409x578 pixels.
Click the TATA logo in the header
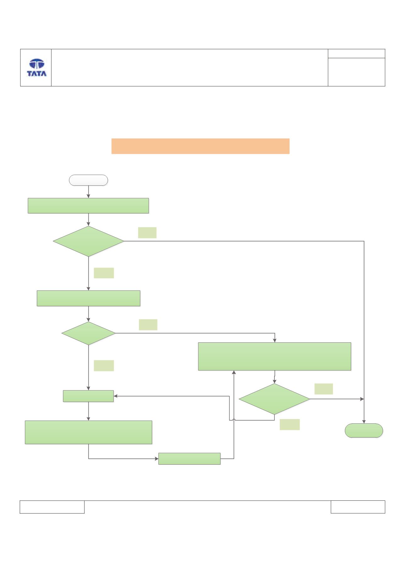click(36, 68)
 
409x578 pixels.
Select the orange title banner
click(200, 146)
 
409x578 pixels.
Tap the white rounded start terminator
click(88, 180)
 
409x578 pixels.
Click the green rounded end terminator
click(364, 430)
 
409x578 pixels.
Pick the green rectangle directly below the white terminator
click(88, 206)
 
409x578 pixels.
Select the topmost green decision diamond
click(88, 241)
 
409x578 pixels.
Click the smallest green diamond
click(88, 333)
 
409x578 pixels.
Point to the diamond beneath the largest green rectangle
click(274, 399)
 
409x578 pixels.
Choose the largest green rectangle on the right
click(274, 357)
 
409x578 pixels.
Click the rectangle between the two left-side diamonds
click(88, 298)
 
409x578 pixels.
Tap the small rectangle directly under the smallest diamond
click(88, 396)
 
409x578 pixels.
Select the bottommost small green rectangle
click(189, 459)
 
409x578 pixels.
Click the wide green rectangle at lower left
click(88, 432)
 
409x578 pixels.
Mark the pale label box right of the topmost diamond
click(147, 232)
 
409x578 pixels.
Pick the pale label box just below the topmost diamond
click(104, 273)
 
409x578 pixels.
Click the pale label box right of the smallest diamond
click(148, 325)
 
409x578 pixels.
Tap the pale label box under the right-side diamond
click(290, 424)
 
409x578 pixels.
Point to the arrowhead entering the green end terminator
click(364, 422)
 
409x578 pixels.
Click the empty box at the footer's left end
click(52, 507)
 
